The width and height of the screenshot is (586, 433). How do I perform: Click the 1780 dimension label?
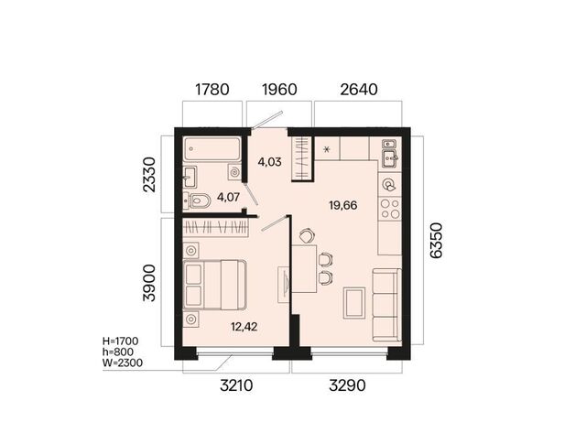pyautogui.click(x=212, y=90)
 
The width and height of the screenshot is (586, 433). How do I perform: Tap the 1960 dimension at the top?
pyautogui.click(x=279, y=90)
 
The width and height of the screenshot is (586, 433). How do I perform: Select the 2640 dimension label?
pyautogui.click(x=359, y=90)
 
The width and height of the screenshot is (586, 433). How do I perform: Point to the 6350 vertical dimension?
pyautogui.click(x=436, y=240)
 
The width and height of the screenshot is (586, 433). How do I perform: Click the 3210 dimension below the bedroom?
pyautogui.click(x=236, y=385)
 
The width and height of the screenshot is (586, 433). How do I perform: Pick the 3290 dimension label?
pyautogui.click(x=347, y=385)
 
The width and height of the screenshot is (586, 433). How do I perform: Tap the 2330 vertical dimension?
pyautogui.click(x=149, y=175)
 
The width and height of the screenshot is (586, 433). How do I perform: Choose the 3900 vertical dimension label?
pyautogui.click(x=149, y=283)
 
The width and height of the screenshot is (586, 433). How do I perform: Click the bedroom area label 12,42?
pyautogui.click(x=244, y=327)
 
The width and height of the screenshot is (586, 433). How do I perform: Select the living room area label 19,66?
pyautogui.click(x=343, y=205)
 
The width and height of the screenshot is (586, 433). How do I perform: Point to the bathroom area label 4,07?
pyautogui.click(x=228, y=197)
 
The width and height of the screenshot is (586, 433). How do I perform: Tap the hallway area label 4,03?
pyautogui.click(x=269, y=162)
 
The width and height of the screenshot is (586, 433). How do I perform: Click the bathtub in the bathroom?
pyautogui.click(x=212, y=149)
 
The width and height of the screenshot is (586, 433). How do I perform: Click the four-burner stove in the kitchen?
pyautogui.click(x=390, y=209)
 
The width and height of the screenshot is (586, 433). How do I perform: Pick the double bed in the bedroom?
pyautogui.click(x=214, y=285)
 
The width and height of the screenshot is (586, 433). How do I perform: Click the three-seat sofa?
pyautogui.click(x=386, y=305)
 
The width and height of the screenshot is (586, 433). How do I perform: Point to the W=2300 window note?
pyautogui.click(x=123, y=363)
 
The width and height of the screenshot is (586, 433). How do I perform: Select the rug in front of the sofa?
pyautogui.click(x=354, y=303)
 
